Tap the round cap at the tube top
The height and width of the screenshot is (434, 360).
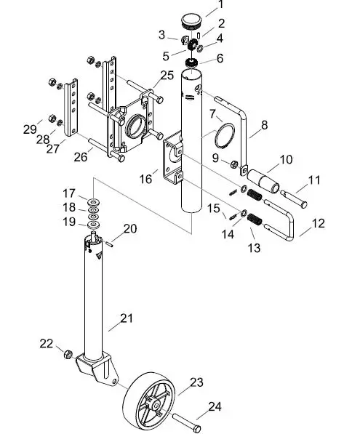coord(192,18)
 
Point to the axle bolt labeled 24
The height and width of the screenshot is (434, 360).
coord(188,421)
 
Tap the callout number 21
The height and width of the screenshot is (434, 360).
coord(127,318)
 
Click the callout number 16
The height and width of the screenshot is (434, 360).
coord(144,178)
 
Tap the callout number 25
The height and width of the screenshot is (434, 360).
coord(167,76)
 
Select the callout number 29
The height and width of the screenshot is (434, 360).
coord(29,129)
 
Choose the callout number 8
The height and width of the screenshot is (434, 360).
coord(263,125)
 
